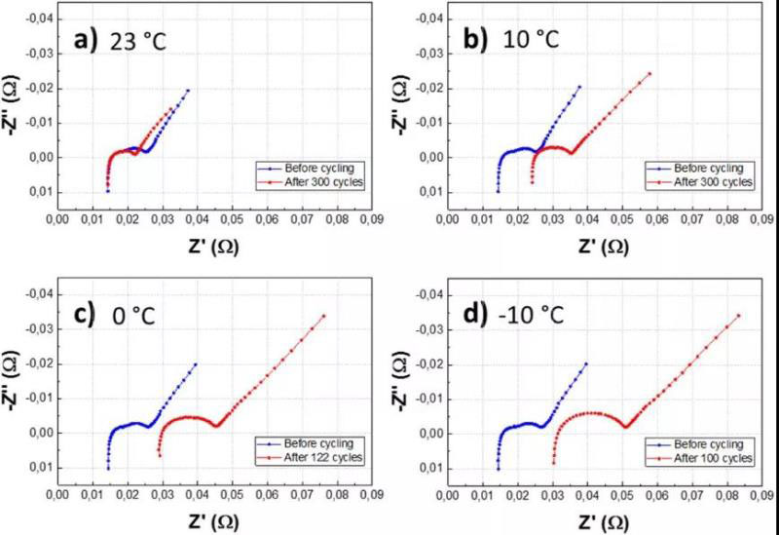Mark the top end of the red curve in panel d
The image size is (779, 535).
[x=739, y=315]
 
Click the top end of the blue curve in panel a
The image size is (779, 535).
[x=188, y=90]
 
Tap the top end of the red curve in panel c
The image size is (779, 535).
[x=324, y=315]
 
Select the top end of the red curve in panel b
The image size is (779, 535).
[x=649, y=72]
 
